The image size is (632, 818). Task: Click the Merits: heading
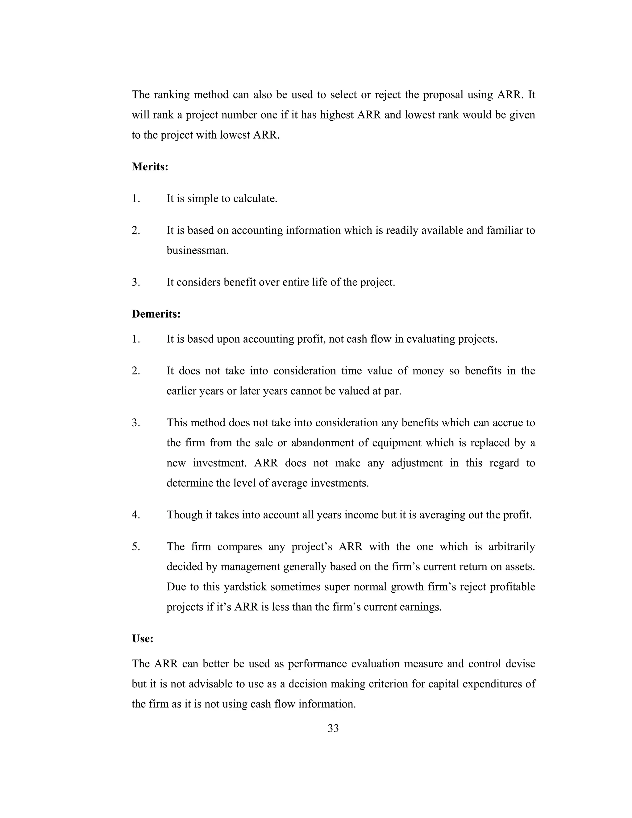(x=150, y=167)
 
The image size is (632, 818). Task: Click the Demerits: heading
(x=156, y=314)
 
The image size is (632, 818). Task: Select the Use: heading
(x=143, y=638)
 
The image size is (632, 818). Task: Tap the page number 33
(x=333, y=728)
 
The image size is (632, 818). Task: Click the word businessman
(x=197, y=250)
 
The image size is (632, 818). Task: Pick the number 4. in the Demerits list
(x=136, y=515)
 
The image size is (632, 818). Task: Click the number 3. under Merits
(x=136, y=282)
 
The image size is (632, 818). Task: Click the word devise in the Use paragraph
(x=520, y=664)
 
